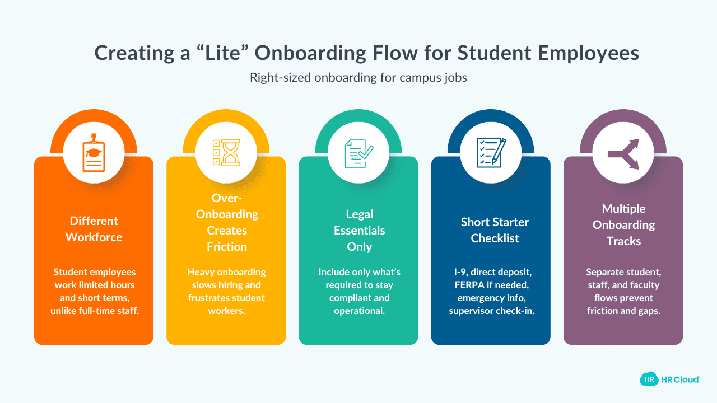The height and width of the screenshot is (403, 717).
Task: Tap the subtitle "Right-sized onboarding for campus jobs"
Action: (358, 78)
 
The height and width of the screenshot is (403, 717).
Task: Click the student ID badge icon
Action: (94, 153)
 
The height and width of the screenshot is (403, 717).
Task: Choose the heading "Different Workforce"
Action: (94, 229)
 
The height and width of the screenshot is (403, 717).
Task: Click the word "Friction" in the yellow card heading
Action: (226, 246)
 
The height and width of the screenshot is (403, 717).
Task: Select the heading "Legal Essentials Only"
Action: (359, 230)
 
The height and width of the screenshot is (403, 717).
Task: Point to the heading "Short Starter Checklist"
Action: (491, 230)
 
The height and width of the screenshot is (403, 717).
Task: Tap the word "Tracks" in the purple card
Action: (623, 241)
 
